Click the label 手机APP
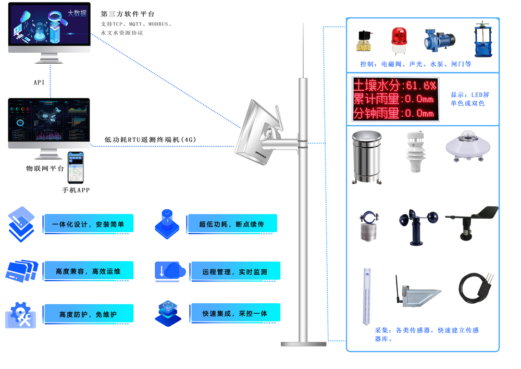(76, 191)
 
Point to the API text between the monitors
(39, 82)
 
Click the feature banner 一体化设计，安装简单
(89, 224)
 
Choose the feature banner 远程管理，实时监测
(235, 272)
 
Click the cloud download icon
(170, 271)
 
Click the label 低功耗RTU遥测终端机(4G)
(150, 139)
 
